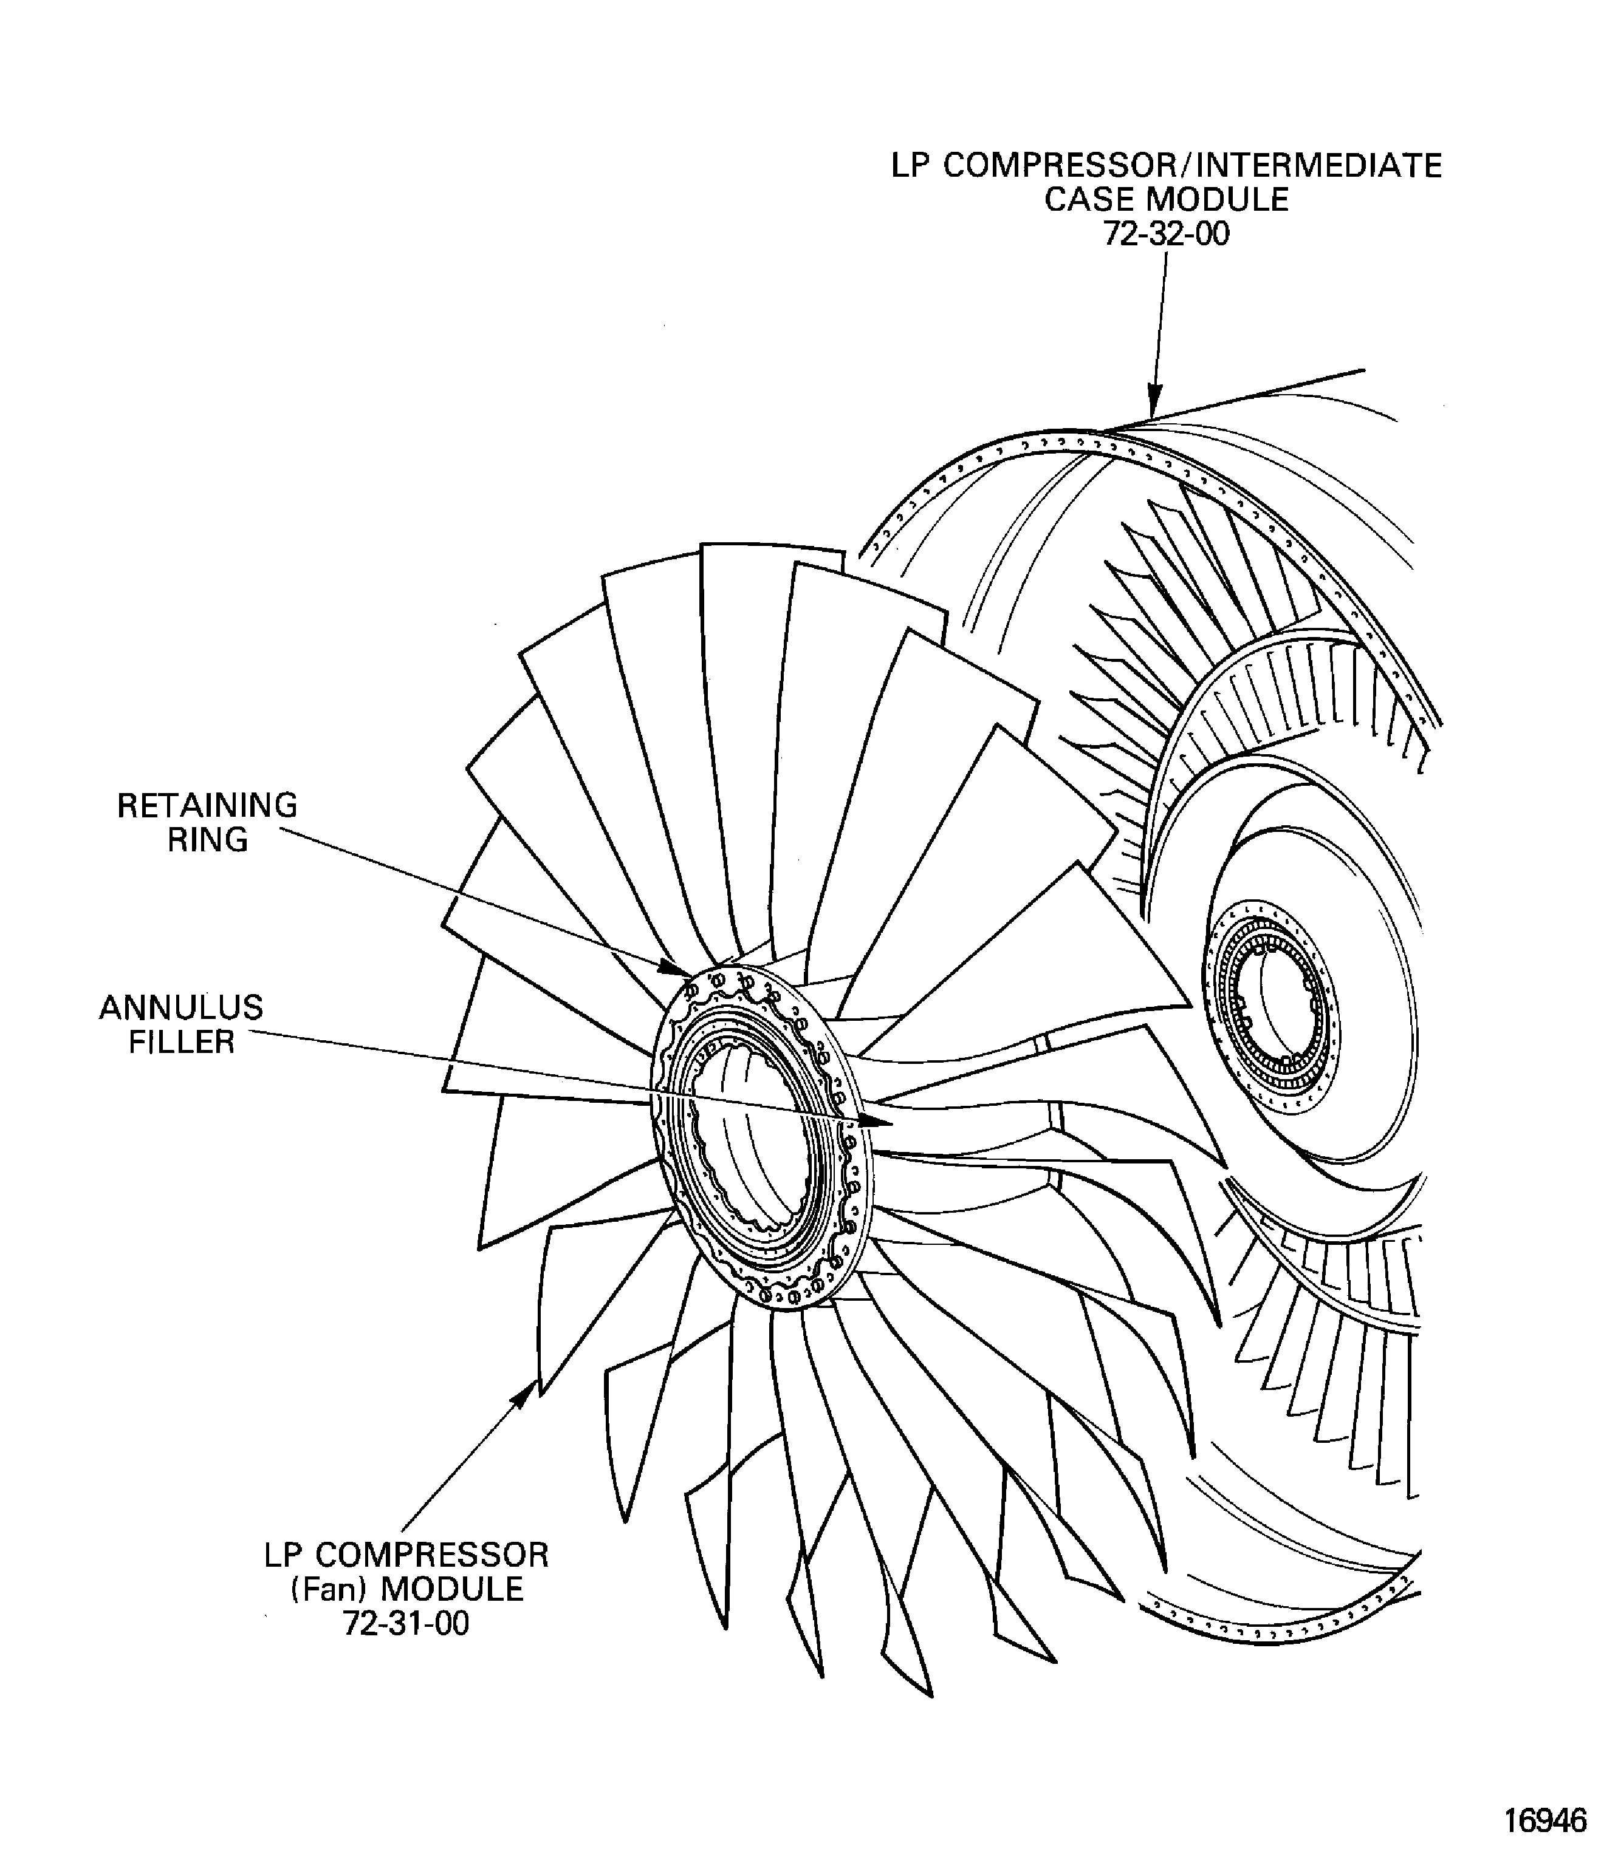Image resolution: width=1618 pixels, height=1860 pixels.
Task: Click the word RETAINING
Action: (208, 805)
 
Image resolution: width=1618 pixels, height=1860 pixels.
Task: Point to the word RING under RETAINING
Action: (208, 840)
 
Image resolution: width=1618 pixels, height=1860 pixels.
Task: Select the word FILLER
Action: (182, 1043)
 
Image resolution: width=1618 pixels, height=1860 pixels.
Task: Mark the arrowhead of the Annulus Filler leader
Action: (876, 1122)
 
